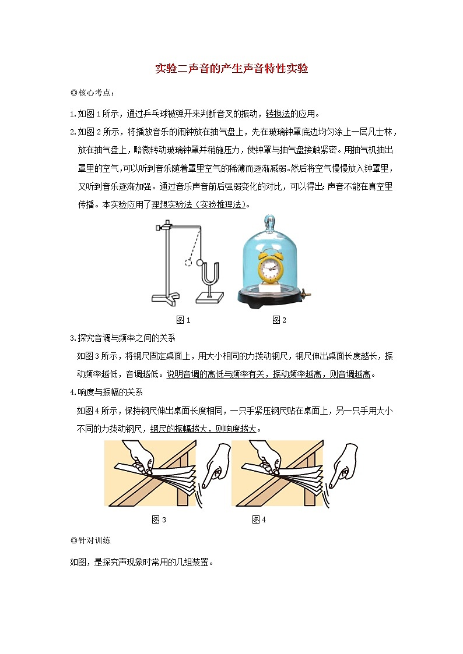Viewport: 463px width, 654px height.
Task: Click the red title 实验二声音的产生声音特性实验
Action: tap(232, 69)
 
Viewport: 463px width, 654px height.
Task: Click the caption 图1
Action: tap(184, 320)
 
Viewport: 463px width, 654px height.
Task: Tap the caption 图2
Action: tap(279, 320)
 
